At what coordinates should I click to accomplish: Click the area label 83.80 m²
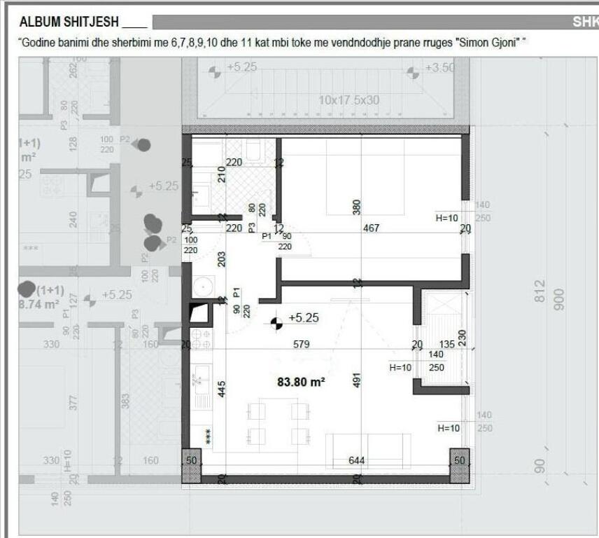[x=302, y=382]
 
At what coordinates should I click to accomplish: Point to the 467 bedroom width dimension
[x=371, y=228]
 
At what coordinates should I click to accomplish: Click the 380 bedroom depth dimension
[x=356, y=208]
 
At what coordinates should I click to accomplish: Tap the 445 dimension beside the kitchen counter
[x=222, y=388]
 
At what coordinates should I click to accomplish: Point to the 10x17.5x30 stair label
[x=348, y=100]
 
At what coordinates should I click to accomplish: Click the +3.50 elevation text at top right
[x=439, y=68]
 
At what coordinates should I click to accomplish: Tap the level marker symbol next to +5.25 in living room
[x=276, y=322]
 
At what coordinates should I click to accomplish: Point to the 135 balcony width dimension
[x=446, y=344]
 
